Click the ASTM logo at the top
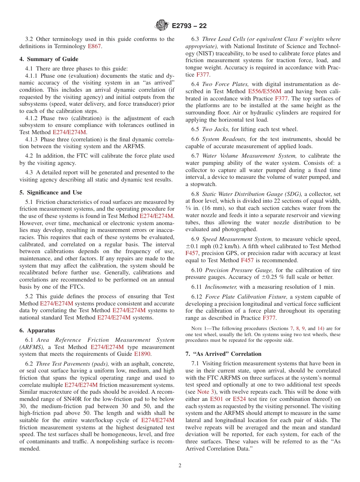[162, 26]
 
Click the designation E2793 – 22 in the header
[189, 26]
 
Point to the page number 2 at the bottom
[180, 466]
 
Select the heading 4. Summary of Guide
[49, 59]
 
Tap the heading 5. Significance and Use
[51, 192]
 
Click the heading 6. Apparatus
[37, 330]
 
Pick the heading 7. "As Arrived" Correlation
[223, 354]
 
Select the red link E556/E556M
[265, 91]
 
